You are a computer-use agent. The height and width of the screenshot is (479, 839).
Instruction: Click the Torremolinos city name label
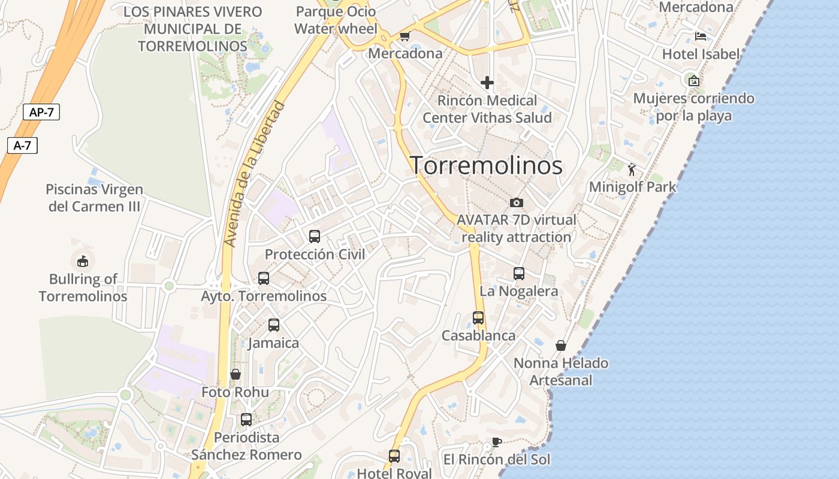pyautogui.click(x=486, y=165)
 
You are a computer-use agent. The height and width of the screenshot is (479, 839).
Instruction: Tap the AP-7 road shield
pyautogui.click(x=41, y=112)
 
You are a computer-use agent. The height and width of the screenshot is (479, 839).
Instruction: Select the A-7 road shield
pyautogui.click(x=22, y=145)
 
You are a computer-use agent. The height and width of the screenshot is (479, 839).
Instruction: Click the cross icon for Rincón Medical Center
pyautogui.click(x=487, y=83)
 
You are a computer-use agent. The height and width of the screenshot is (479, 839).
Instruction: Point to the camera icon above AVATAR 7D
pyautogui.click(x=516, y=203)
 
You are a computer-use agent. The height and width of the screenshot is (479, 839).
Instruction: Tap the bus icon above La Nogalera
pyautogui.click(x=519, y=274)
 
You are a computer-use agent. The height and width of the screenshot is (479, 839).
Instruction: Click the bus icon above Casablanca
pyautogui.click(x=478, y=318)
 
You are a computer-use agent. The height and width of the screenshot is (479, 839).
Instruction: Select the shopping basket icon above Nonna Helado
pyautogui.click(x=561, y=345)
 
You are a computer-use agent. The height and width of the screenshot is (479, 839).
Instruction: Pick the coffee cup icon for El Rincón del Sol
pyautogui.click(x=496, y=442)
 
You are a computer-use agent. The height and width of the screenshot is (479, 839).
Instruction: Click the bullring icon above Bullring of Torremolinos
pyautogui.click(x=83, y=261)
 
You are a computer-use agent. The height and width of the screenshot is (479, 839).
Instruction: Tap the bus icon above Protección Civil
pyautogui.click(x=315, y=237)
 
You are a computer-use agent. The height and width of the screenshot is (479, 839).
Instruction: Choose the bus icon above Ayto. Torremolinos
pyautogui.click(x=264, y=278)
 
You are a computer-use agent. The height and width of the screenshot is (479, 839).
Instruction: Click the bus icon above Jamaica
pyautogui.click(x=274, y=325)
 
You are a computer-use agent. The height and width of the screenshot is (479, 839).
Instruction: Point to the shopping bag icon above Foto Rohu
pyautogui.click(x=236, y=374)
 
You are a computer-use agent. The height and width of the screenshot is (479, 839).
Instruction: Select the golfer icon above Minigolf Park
pyautogui.click(x=632, y=169)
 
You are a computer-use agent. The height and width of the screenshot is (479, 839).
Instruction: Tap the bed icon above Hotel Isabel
pyautogui.click(x=701, y=37)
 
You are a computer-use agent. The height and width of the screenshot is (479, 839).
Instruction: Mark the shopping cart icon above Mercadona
pyautogui.click(x=405, y=37)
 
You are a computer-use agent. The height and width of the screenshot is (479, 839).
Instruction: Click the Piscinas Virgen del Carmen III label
pyautogui.click(x=94, y=198)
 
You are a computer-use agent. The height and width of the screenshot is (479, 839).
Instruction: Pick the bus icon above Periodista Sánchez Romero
pyautogui.click(x=246, y=420)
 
